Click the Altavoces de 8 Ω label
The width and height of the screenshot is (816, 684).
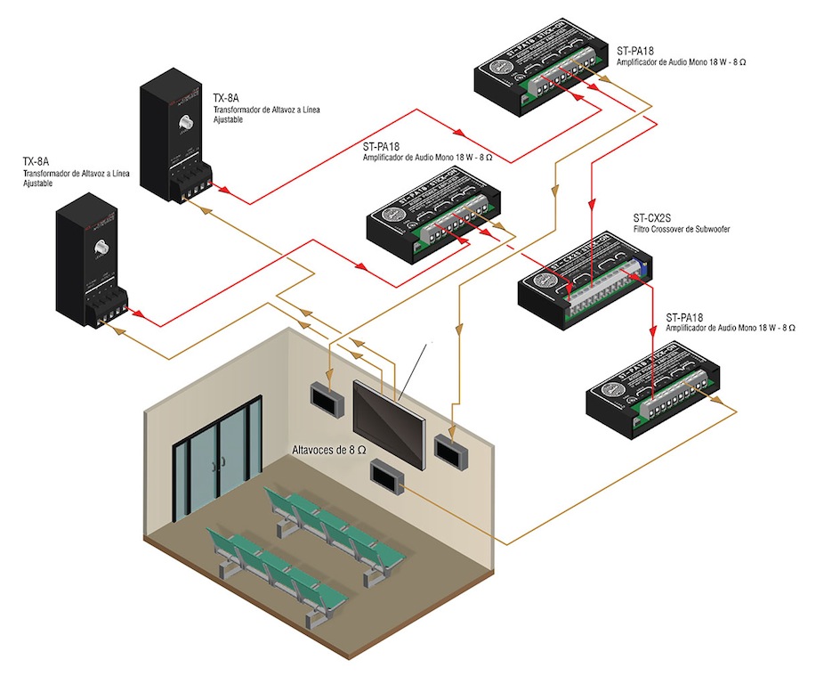point(328,452)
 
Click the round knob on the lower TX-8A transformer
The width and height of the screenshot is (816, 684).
point(101,248)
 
